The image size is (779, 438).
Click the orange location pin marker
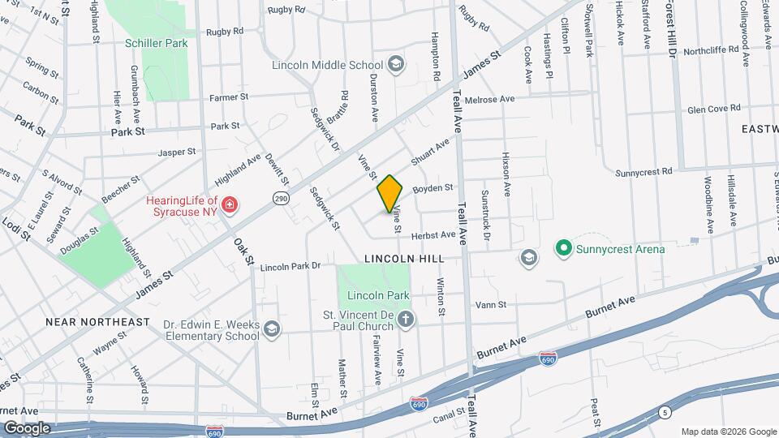pyautogui.click(x=390, y=193)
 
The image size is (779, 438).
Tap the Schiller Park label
pyautogui.click(x=157, y=43)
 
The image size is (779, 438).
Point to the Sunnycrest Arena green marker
pyautogui.click(x=562, y=248)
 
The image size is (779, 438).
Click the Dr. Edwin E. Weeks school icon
pyautogui.click(x=272, y=328)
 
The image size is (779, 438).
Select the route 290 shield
pyautogui.click(x=281, y=200)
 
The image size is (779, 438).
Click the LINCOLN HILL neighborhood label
pyautogui.click(x=404, y=258)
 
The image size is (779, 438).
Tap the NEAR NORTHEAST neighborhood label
pyautogui.click(x=97, y=322)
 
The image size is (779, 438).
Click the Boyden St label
pyautogui.click(x=433, y=188)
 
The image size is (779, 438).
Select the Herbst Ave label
pyautogui.click(x=433, y=234)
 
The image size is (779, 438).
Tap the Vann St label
pyautogui.click(x=491, y=305)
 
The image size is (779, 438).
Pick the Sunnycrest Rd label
pyautogui.click(x=644, y=172)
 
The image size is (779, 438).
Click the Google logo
pyautogui.click(x=27, y=427)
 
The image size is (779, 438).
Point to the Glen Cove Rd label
pyautogui.click(x=713, y=108)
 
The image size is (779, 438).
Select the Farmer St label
pyautogui.click(x=228, y=97)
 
